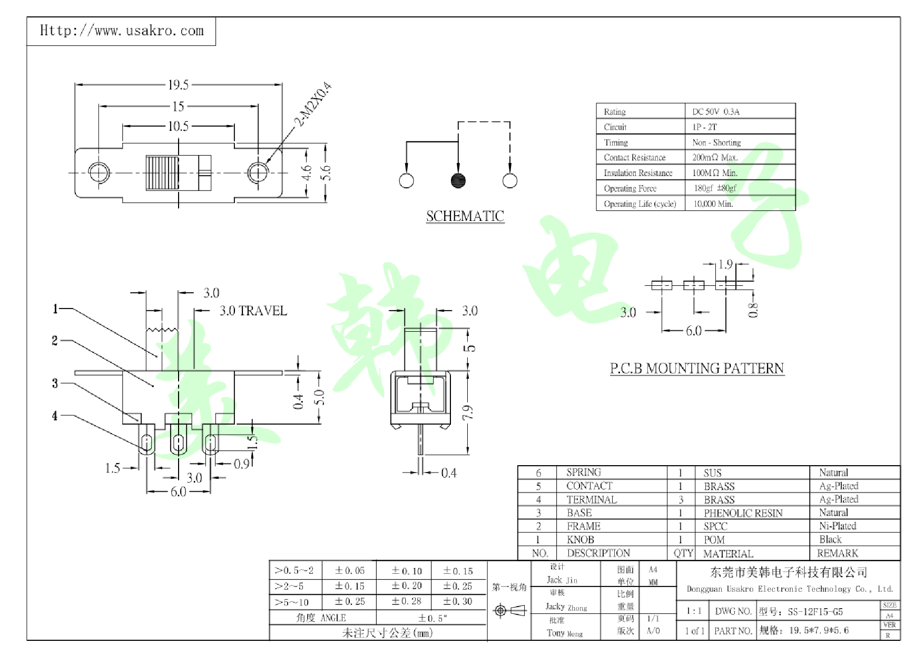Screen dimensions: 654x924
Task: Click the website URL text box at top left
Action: [121, 31]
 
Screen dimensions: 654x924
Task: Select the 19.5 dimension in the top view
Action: [178, 85]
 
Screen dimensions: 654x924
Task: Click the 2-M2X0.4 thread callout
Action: [313, 104]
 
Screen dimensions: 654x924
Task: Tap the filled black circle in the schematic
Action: [458, 180]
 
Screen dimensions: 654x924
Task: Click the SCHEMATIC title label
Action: [465, 216]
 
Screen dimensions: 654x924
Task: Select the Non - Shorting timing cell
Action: [716, 142]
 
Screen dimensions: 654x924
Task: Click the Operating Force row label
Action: [630, 188]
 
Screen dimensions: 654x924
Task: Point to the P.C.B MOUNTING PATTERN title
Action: [696, 368]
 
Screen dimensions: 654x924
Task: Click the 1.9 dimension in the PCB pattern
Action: [725, 264]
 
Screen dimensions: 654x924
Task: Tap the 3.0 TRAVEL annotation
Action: [253, 311]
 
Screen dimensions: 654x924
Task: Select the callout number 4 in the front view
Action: [55, 416]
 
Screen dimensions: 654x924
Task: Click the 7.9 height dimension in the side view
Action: [468, 412]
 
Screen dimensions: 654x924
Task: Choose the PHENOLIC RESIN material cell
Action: [743, 513]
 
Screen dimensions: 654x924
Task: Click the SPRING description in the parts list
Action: [583, 473]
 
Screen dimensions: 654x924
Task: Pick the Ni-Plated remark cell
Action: [837, 526]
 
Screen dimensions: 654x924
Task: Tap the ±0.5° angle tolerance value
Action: [432, 618]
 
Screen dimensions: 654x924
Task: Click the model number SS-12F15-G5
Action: [815, 612]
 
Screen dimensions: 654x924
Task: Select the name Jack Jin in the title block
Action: [562, 580]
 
